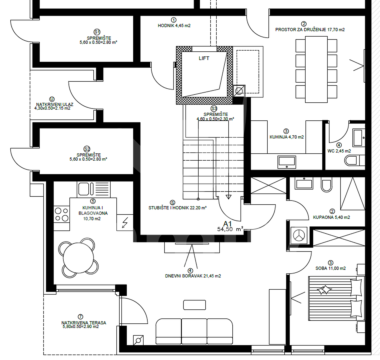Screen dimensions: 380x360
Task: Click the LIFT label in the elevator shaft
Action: [204, 58]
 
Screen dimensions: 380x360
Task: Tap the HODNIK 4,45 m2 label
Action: [174, 25]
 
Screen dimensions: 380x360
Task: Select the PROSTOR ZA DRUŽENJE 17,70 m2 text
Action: [310, 30]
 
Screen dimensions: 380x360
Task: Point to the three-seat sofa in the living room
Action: [194, 331]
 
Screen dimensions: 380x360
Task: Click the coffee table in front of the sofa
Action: [194, 305]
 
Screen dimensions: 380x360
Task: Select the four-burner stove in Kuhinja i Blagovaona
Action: [62, 214]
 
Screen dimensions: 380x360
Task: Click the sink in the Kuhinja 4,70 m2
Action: [287, 162]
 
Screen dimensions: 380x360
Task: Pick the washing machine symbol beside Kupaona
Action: [299, 235]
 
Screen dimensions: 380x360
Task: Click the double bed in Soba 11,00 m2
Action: [336, 298]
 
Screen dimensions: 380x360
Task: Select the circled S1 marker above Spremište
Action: [97, 32]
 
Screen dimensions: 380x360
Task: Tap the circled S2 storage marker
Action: [87, 149]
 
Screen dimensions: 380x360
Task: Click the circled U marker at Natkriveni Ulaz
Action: [52, 99]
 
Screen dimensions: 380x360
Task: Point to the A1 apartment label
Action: [227, 224]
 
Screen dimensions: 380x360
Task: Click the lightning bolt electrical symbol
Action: [125, 223]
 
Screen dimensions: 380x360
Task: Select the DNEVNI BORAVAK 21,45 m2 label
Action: [193, 276]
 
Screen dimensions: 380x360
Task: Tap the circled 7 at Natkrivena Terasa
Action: [80, 317]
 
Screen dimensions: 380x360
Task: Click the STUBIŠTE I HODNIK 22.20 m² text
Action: [177, 208]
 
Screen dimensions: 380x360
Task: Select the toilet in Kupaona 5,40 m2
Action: [326, 185]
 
